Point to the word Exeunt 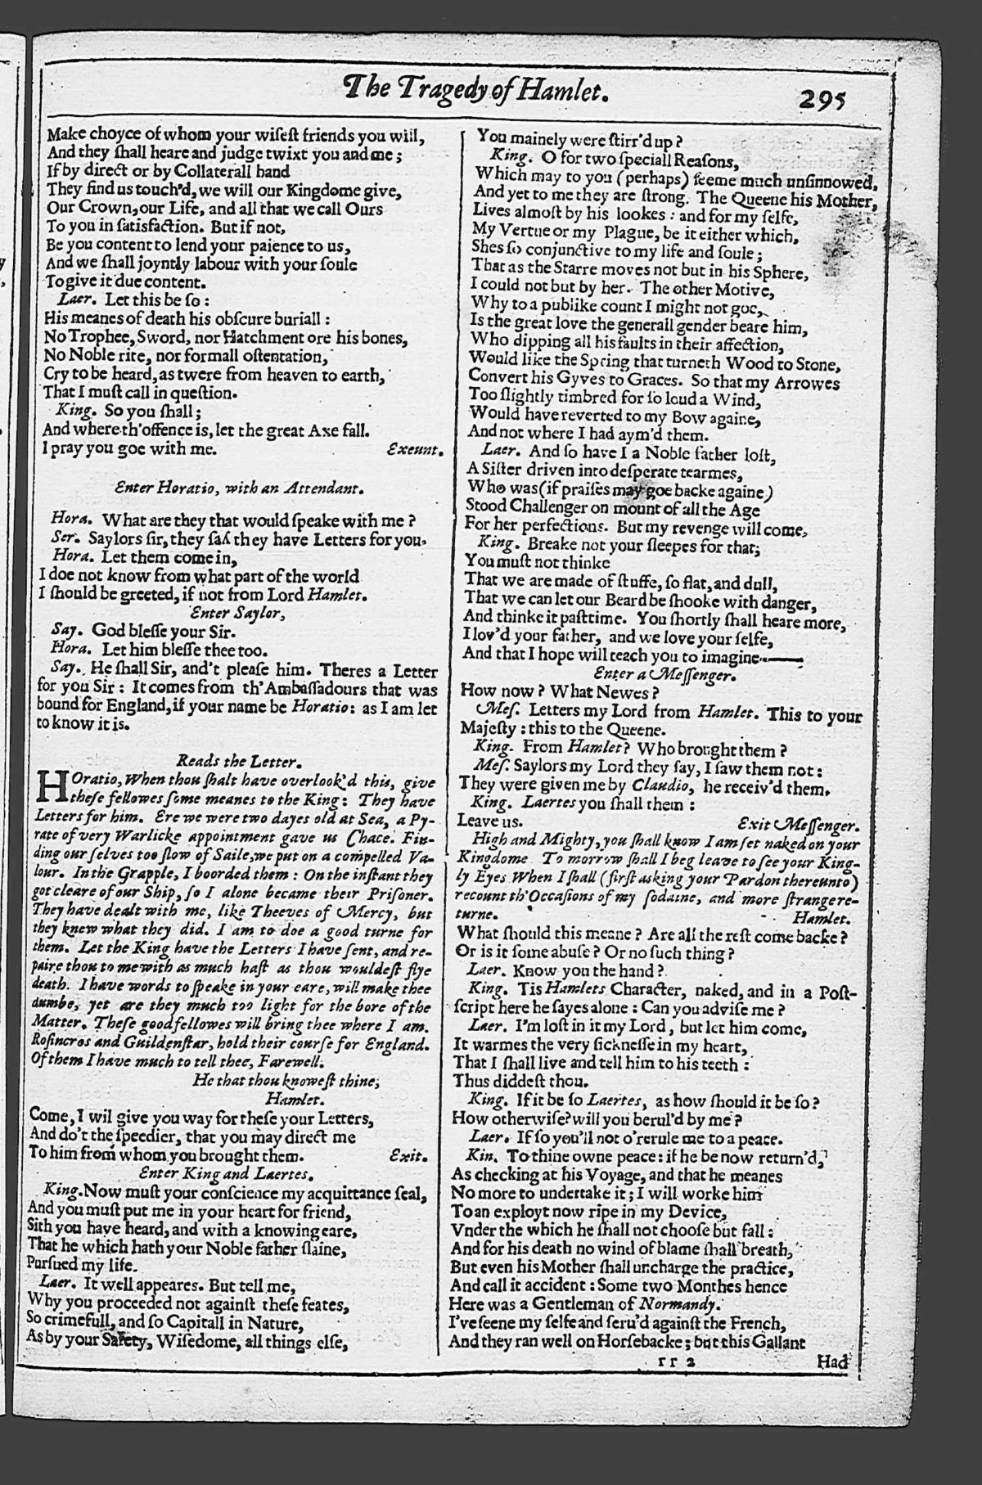[415, 449]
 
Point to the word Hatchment [262, 338]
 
